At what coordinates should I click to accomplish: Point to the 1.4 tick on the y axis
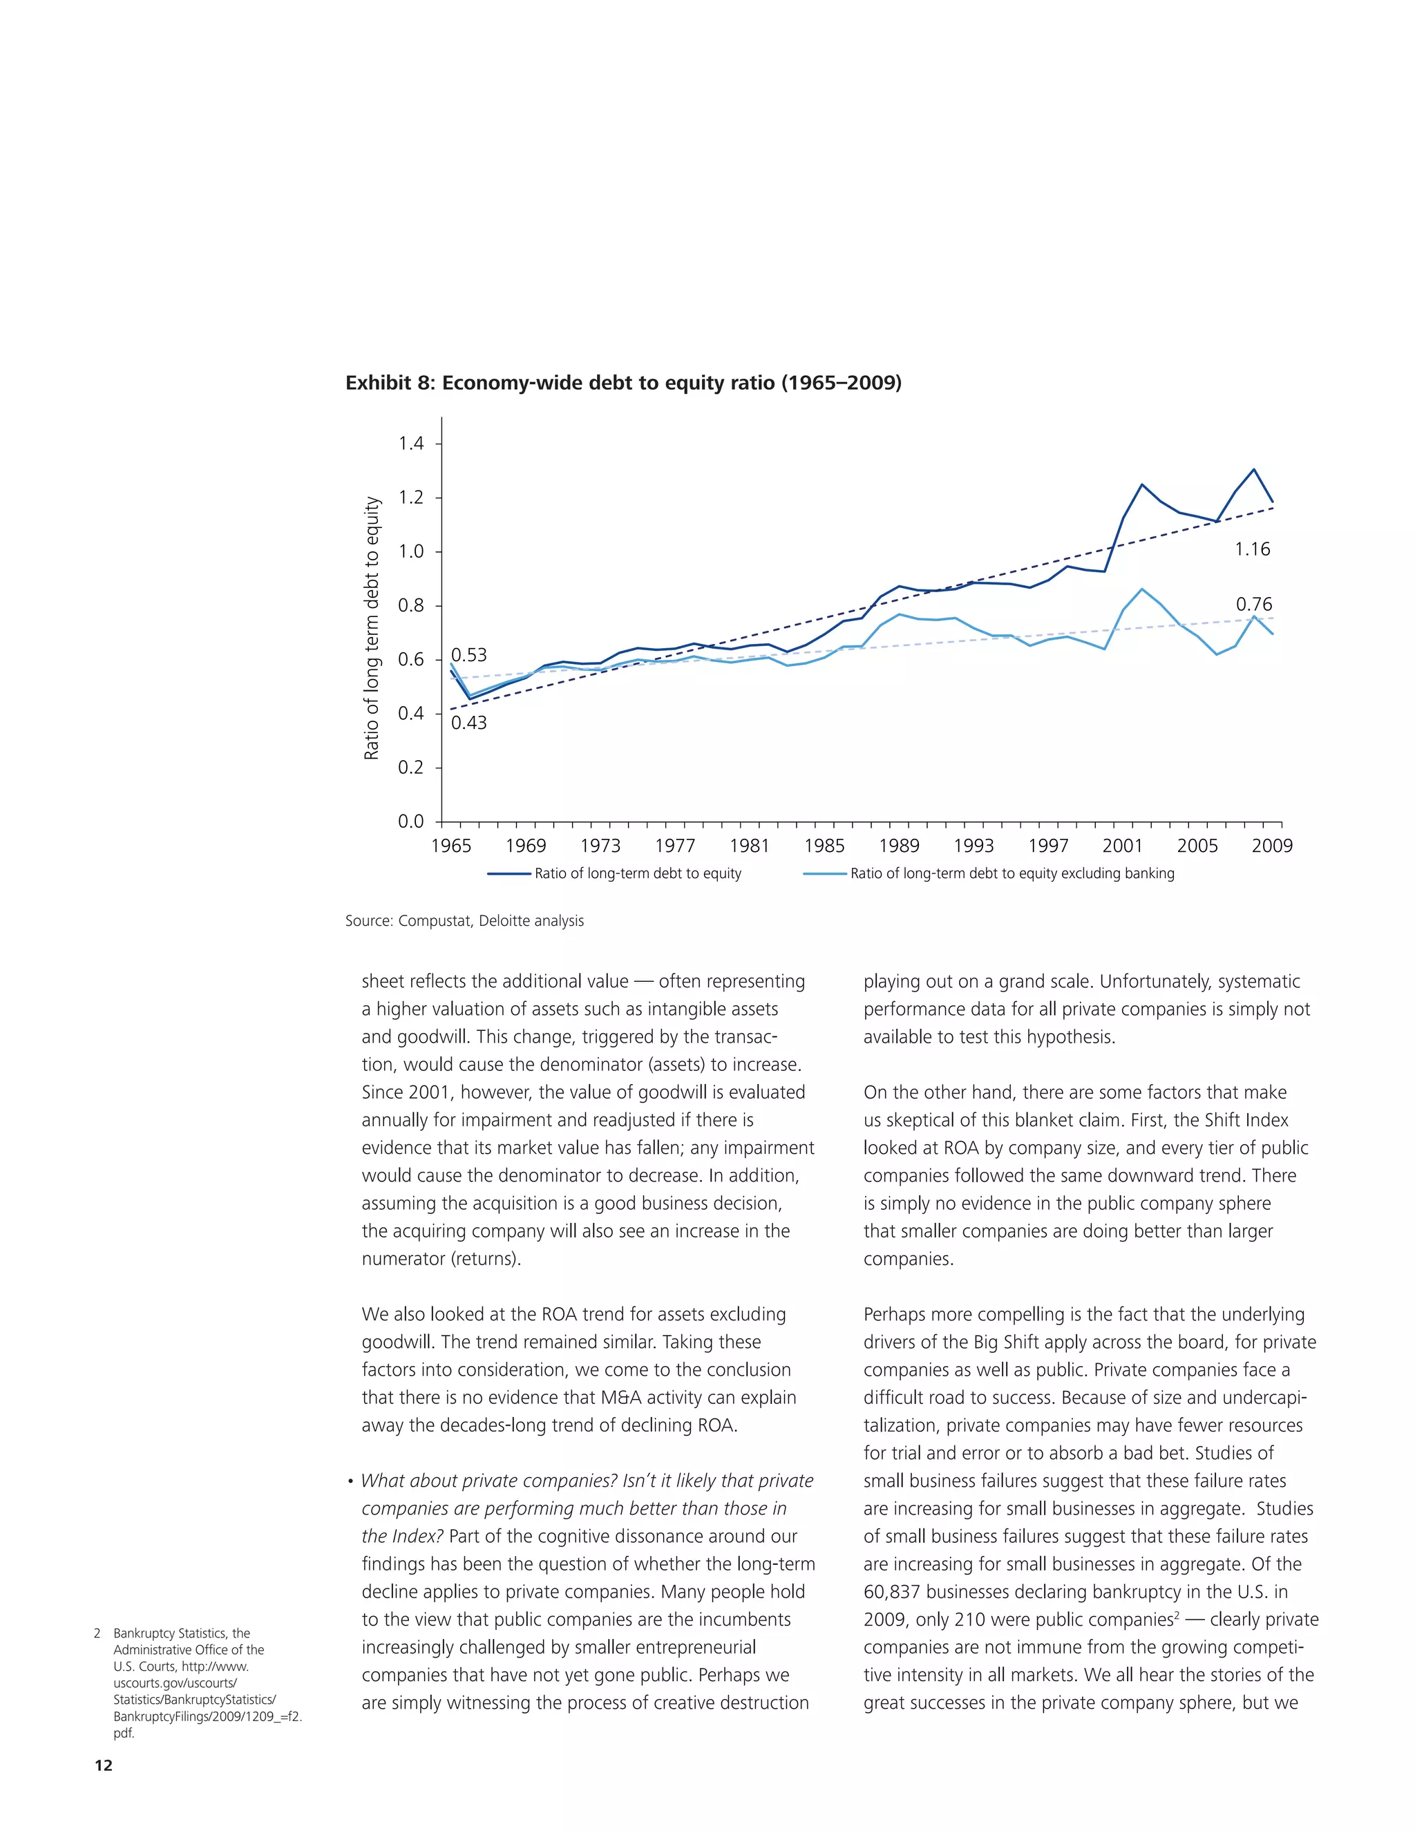411,444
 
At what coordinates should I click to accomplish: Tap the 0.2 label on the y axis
411,768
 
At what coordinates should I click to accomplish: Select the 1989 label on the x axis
899,846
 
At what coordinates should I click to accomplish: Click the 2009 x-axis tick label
1272,846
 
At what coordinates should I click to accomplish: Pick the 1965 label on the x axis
451,846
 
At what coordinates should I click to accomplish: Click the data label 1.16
1253,549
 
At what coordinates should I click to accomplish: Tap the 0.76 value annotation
1253,605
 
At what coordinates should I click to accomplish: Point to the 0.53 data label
468,655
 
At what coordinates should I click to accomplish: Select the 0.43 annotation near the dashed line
468,723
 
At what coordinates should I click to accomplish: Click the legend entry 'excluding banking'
1012,873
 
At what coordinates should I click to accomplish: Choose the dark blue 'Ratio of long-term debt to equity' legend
637,873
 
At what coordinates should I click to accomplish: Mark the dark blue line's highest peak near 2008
1253,469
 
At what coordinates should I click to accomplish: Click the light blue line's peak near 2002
1141,589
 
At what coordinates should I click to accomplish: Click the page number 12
103,1765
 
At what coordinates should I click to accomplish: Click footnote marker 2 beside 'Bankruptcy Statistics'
97,1633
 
